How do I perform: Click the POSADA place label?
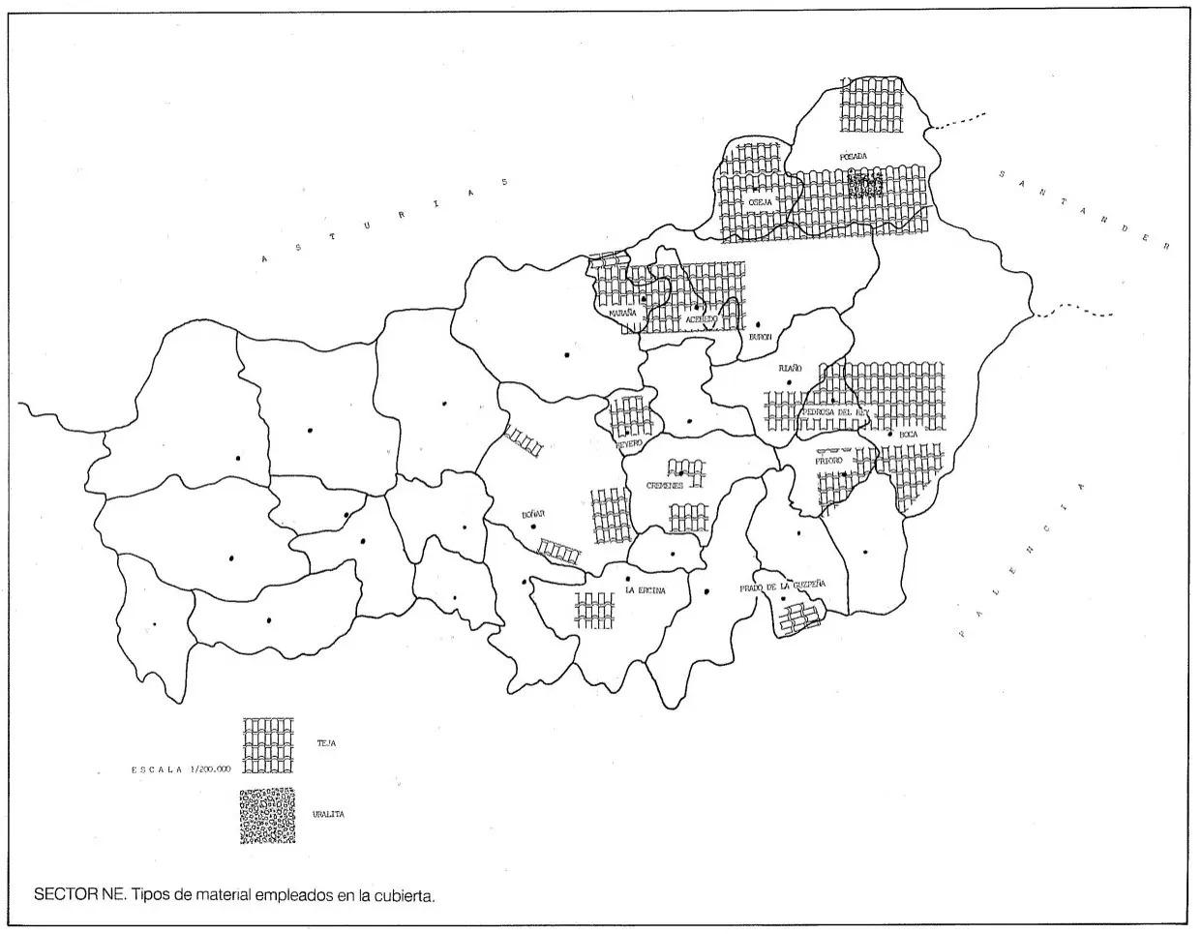[853, 156]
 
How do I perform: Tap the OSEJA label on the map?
[760, 201]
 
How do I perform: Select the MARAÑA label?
[623, 314]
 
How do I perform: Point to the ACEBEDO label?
[700, 318]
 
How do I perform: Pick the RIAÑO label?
[791, 369]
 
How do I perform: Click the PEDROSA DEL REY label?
[835, 411]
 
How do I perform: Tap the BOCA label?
[908, 436]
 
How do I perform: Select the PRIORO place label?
[829, 461]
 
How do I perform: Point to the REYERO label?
[629, 445]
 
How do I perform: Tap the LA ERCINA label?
[646, 589]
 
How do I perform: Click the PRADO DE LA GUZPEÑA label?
[782, 587]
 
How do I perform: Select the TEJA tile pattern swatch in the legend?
[268, 745]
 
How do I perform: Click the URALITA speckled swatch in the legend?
[267, 816]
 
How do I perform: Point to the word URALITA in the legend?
[328, 815]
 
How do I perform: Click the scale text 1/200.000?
[210, 769]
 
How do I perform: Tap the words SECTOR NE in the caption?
[79, 894]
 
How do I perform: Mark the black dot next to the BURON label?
[759, 324]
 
